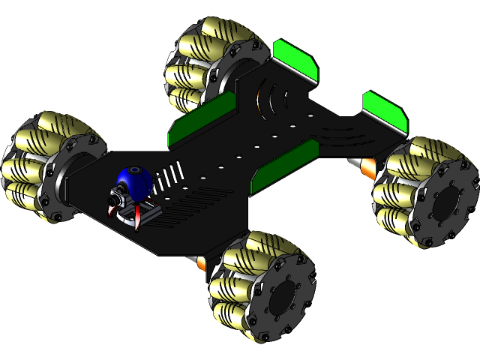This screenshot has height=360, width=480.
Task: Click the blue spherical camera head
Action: [x=136, y=181]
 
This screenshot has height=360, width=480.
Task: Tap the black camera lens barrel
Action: [x=116, y=201]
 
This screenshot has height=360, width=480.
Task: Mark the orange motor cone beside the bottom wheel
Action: [x=199, y=262]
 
